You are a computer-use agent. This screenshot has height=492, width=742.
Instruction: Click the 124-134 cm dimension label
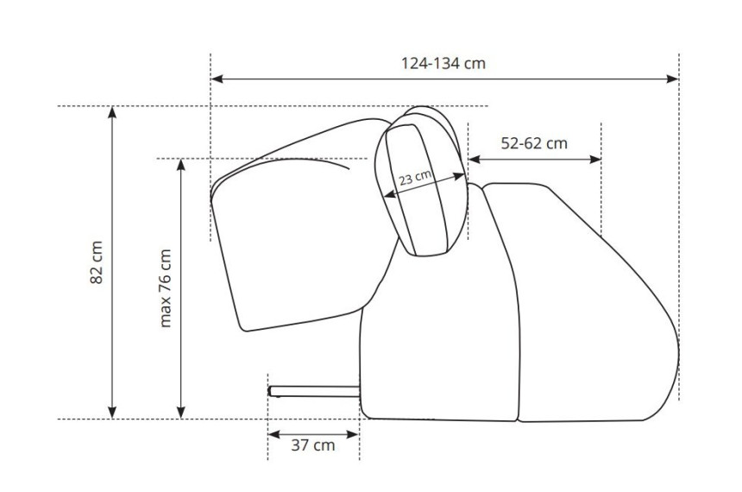point(443,64)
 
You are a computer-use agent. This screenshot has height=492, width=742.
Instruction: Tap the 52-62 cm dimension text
point(534,143)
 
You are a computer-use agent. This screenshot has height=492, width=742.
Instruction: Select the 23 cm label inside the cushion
point(416,178)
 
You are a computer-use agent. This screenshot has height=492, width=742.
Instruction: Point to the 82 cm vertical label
point(96,262)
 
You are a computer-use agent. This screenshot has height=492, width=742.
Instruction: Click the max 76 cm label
point(165,288)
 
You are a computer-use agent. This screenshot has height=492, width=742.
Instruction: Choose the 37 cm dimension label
point(313,445)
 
